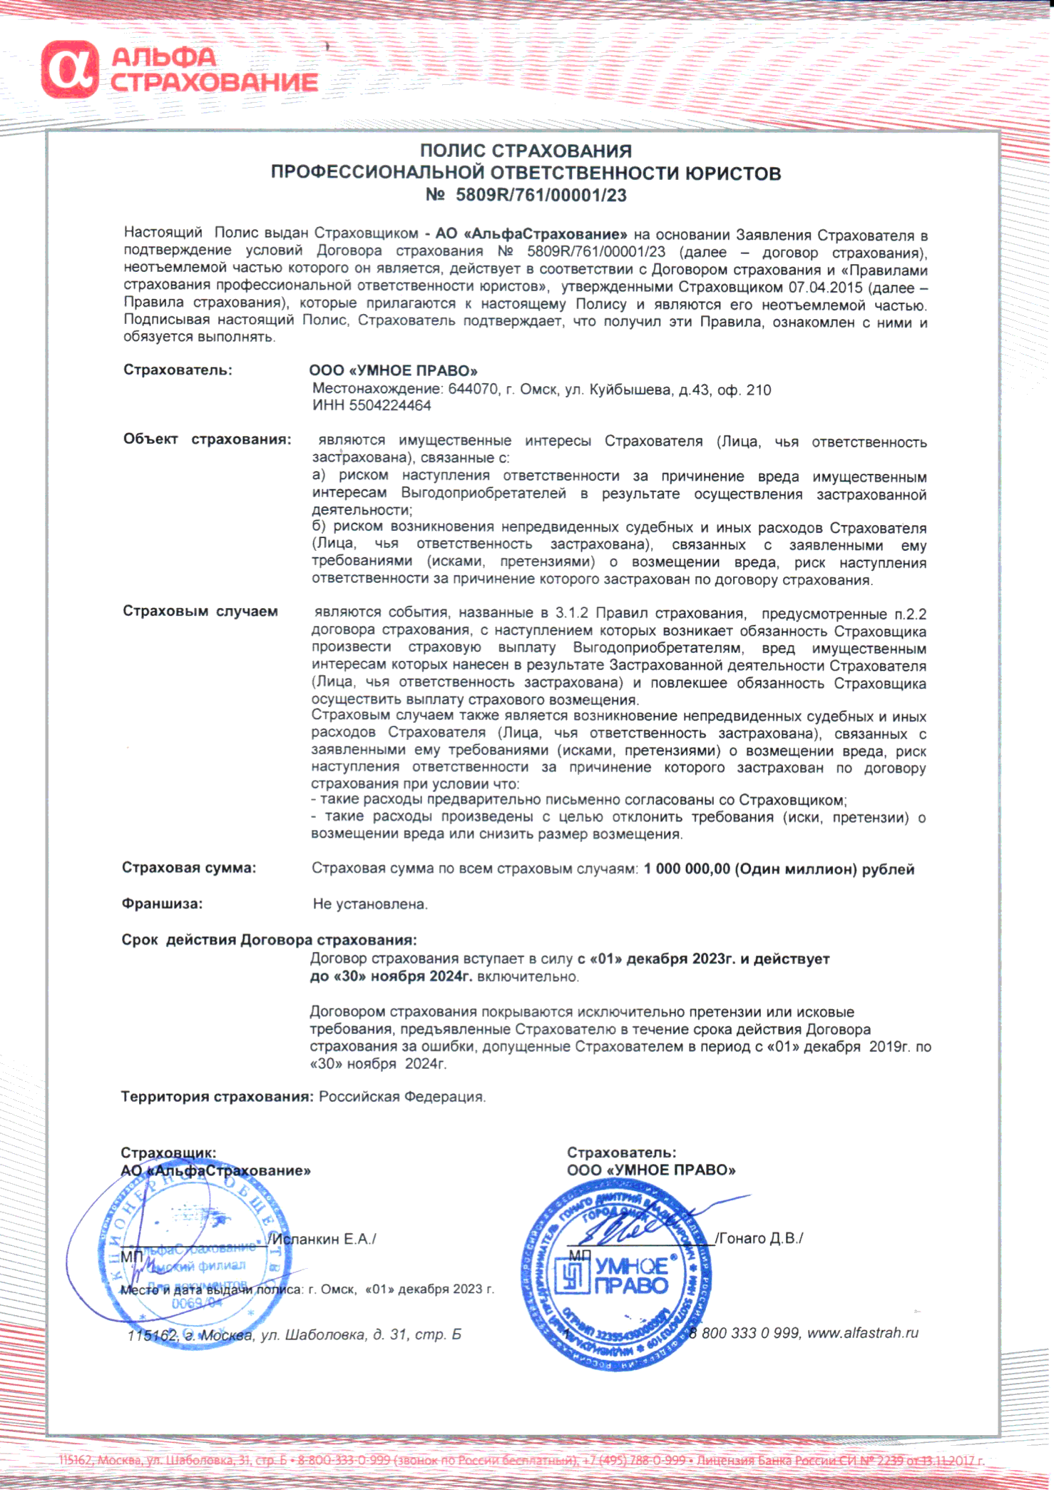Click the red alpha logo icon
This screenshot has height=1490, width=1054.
coord(69,69)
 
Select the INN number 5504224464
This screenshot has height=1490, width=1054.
coord(389,405)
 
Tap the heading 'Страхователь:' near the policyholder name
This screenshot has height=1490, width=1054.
coord(178,370)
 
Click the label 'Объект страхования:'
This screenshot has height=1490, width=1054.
coord(207,439)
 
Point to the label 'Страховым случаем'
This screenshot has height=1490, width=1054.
coord(200,611)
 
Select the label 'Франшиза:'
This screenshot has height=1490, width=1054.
coord(162,903)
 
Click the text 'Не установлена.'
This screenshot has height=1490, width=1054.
coord(370,904)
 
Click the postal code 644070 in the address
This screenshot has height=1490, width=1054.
coord(472,390)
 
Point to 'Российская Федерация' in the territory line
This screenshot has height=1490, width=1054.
coord(401,1096)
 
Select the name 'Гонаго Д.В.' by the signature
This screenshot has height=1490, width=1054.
coord(760,1238)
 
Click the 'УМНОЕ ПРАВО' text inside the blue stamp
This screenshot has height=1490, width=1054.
coord(631,1276)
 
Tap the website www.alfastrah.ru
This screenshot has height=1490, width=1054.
coord(862,1332)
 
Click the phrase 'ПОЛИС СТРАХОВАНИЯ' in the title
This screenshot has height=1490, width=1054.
coord(526,151)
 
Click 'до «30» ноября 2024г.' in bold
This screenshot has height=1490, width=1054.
coord(391,976)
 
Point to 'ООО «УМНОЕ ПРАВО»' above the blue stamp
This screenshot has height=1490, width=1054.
coord(650,1170)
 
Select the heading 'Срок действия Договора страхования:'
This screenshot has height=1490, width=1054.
coord(269,940)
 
